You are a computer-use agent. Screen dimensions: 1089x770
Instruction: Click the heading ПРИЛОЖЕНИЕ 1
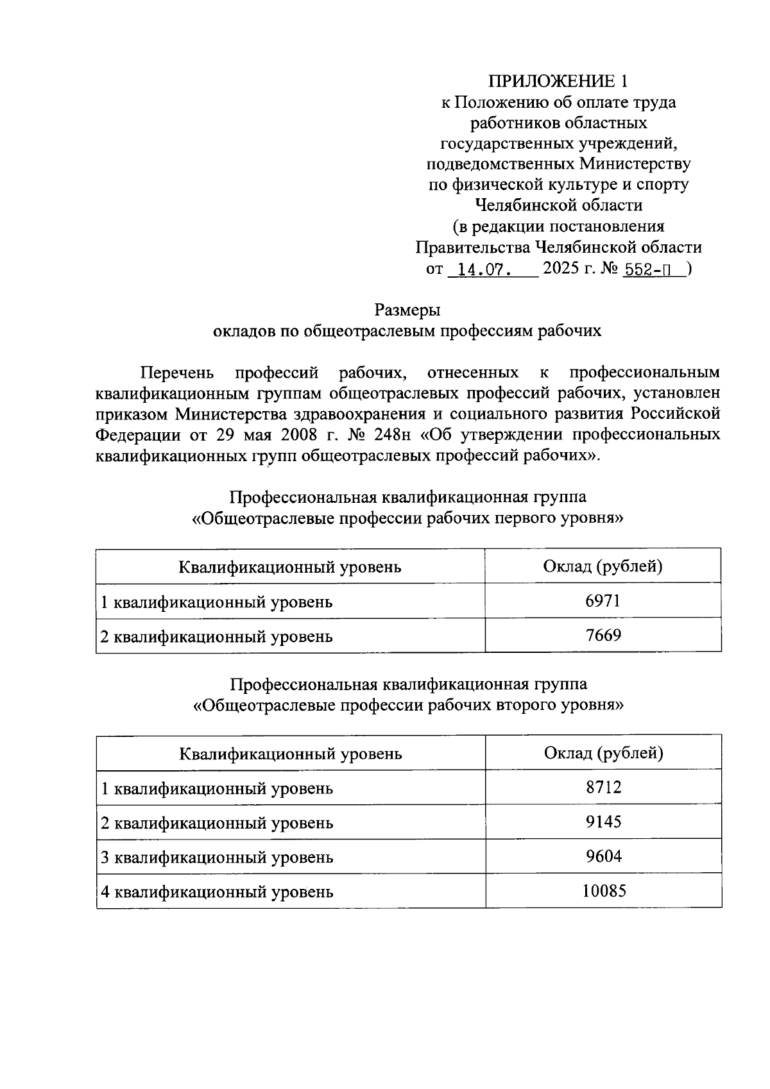(558, 81)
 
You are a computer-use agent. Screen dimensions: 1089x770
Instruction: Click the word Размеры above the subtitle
(407, 310)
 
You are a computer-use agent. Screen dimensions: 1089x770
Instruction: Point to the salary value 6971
(603, 601)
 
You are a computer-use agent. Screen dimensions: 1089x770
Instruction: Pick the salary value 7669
(603, 636)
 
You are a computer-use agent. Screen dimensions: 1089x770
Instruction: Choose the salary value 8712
(603, 787)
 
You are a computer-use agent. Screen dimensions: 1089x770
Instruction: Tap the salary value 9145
(603, 822)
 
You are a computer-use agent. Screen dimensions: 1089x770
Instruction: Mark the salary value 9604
(603, 856)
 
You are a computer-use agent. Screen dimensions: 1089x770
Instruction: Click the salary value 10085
(604, 891)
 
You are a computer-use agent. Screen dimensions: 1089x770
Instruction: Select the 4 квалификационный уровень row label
(217, 892)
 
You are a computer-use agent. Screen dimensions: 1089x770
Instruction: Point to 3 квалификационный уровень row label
(217, 857)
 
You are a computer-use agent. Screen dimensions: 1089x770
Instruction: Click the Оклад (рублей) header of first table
(603, 566)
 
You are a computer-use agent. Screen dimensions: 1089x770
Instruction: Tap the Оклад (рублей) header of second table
(603, 752)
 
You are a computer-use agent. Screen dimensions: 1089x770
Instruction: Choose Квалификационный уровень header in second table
(291, 754)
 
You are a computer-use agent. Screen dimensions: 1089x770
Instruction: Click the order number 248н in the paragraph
(391, 434)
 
